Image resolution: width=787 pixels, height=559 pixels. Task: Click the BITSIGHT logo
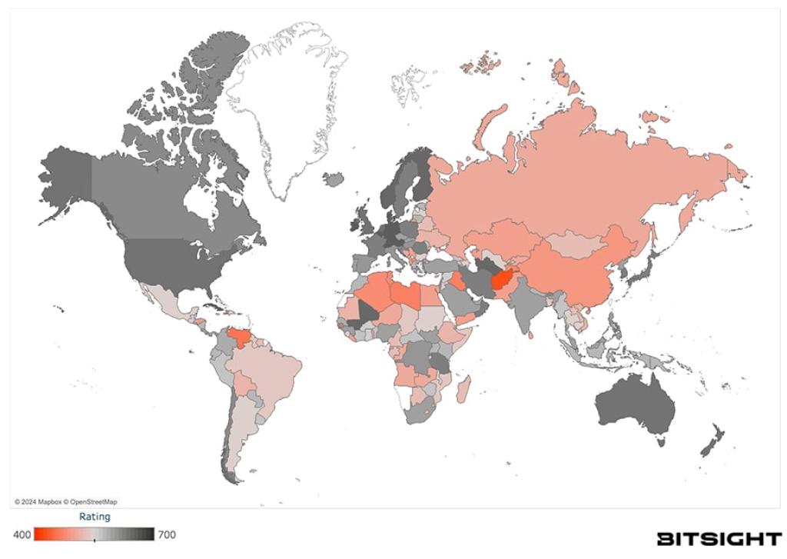(x=719, y=538)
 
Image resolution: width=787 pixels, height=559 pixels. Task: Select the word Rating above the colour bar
(x=95, y=517)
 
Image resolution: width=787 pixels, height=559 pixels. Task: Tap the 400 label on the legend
(x=22, y=534)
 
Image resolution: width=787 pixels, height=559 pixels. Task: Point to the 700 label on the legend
(x=166, y=534)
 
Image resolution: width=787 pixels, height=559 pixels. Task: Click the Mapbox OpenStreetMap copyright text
(x=66, y=501)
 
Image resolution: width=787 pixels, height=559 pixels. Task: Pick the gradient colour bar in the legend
(x=95, y=534)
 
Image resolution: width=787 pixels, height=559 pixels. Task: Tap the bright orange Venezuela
(x=237, y=338)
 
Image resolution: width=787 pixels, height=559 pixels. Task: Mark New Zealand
(x=710, y=441)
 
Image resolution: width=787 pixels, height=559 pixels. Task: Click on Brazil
(x=269, y=377)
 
